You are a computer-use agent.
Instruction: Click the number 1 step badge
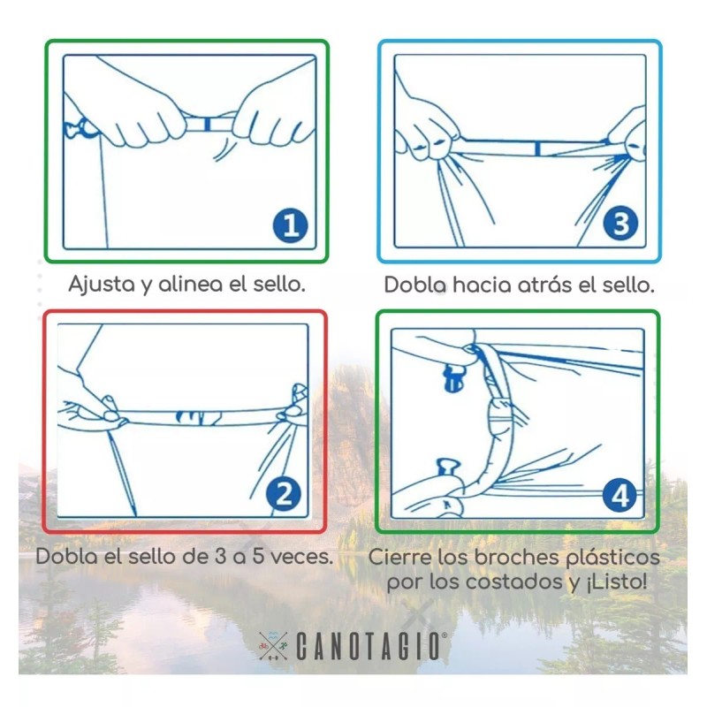[x=290, y=225]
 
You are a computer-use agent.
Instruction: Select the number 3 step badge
[x=620, y=224]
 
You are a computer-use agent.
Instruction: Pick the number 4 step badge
[x=620, y=496]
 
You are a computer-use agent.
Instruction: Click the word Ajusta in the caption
[x=100, y=285]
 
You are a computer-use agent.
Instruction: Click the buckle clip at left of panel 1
[x=78, y=130]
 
